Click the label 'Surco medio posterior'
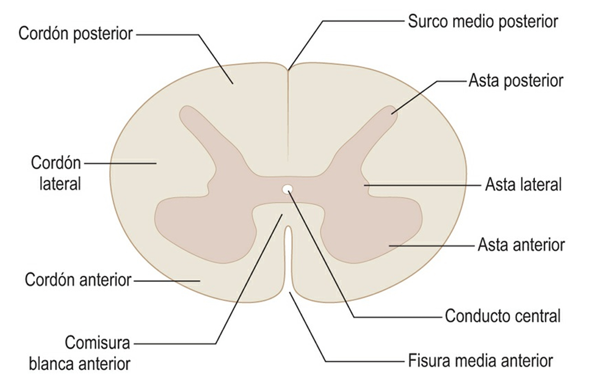click(483, 21)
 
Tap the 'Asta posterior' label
click(516, 81)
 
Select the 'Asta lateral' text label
click(523, 185)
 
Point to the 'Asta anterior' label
click(521, 245)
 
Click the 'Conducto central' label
click(503, 316)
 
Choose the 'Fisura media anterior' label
click(480, 361)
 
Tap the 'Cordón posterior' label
click(75, 34)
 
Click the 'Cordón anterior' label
click(78, 280)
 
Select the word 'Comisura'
click(97, 343)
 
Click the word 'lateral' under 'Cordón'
click(60, 184)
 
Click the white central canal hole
click(288, 189)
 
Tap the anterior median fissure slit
click(288, 255)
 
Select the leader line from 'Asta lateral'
click(423, 185)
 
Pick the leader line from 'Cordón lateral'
click(120, 163)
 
